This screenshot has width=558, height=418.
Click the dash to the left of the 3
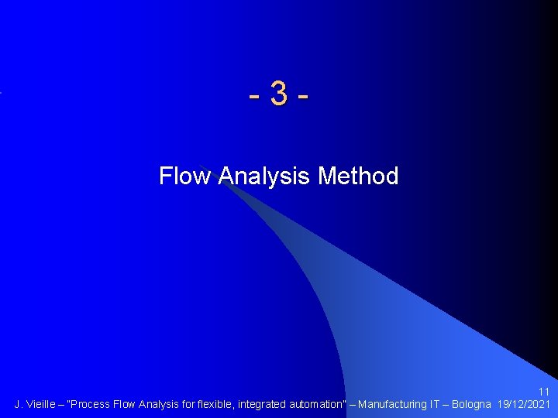click(x=255, y=98)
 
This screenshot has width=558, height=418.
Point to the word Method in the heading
click(x=358, y=176)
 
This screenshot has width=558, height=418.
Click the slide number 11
click(x=544, y=392)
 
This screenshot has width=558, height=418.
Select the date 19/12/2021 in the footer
click(x=524, y=404)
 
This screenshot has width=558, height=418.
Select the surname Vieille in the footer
click(x=42, y=404)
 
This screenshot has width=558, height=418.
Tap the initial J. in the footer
click(x=19, y=404)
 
